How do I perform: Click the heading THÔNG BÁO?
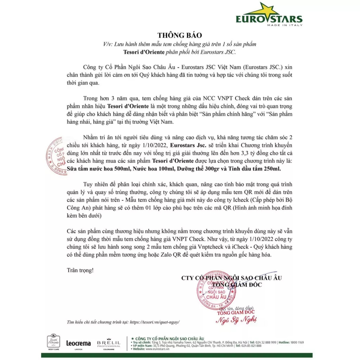(180, 35)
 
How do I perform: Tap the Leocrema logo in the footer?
(78, 343)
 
